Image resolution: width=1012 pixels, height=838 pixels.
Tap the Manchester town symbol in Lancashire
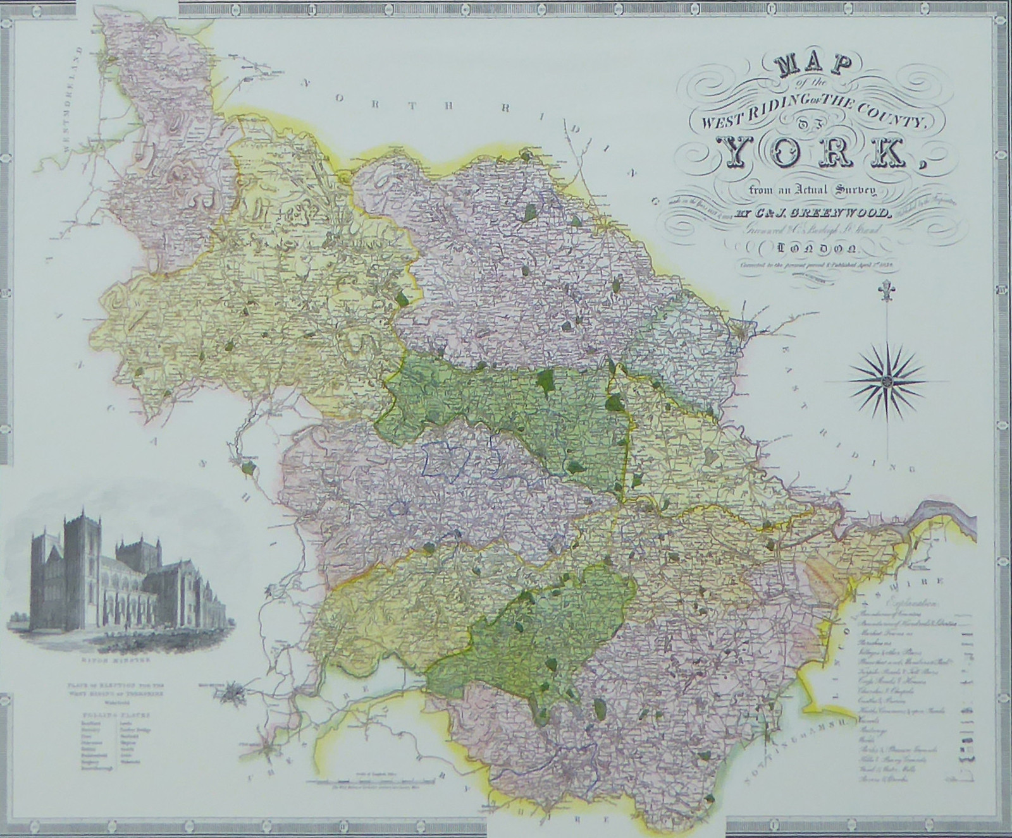click(232, 691)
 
